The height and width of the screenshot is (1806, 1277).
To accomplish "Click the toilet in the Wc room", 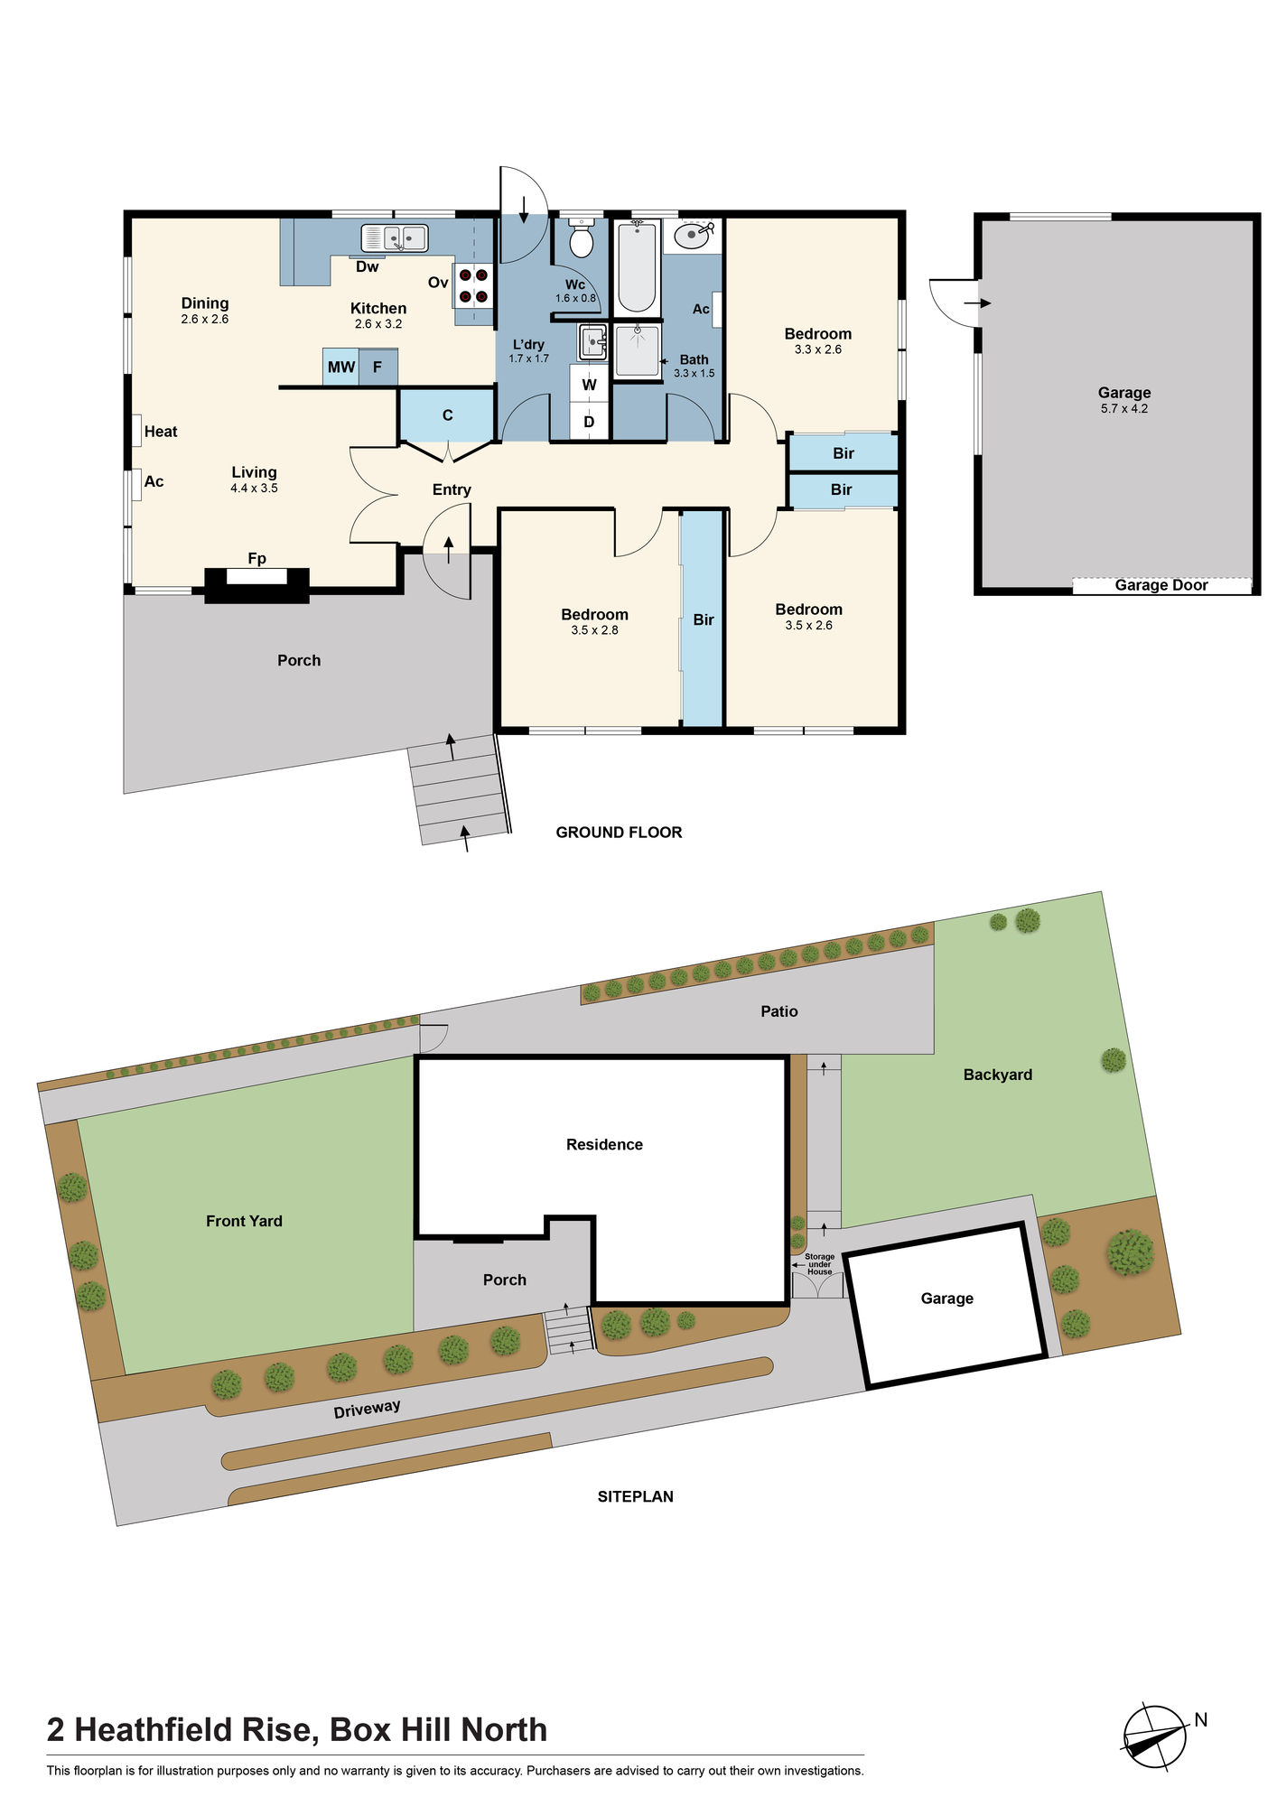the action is [x=581, y=237].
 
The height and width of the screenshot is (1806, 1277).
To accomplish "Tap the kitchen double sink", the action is [x=395, y=237].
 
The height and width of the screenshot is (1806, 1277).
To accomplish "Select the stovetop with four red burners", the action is [x=473, y=284].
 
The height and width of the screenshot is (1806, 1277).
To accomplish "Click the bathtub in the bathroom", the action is [x=637, y=267].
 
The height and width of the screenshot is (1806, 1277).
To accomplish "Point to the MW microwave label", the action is [x=341, y=368].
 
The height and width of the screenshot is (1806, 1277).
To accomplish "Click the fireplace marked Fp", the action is [x=256, y=580].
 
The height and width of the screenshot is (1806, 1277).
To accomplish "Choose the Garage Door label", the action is [x=1161, y=585].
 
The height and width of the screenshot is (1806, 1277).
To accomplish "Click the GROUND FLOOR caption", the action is [x=619, y=833].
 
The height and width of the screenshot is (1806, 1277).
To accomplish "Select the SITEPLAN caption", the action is [x=636, y=1496].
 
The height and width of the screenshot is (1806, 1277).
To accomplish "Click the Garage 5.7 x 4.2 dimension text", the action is [x=1124, y=409].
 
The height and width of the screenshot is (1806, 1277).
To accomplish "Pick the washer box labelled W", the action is [x=589, y=383].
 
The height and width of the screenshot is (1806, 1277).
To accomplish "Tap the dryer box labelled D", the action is [x=589, y=422].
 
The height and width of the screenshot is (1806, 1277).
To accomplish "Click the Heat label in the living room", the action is [x=161, y=432].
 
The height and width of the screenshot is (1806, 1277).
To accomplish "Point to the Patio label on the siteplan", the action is [x=779, y=1011].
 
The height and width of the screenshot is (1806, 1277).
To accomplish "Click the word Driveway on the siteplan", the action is [x=367, y=1409].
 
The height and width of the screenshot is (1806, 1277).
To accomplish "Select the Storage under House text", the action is [x=820, y=1264].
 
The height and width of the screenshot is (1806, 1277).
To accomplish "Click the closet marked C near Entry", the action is [x=447, y=415].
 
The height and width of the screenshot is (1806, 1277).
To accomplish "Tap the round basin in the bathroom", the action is [x=693, y=237].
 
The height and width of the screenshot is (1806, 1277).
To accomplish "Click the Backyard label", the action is [x=998, y=1075].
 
